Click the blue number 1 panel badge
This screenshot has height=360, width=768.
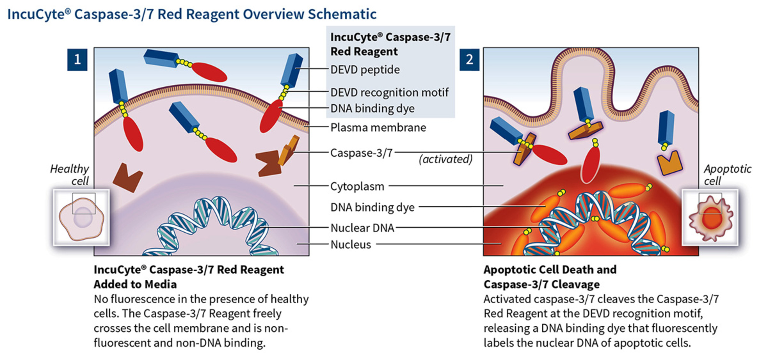pos(77,59)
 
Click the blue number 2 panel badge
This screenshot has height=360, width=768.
pos(469,59)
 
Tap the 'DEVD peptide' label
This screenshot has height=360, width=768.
pos(365,69)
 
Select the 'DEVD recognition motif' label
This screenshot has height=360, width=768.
pos(389,92)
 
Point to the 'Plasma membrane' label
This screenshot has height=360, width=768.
pos(378,127)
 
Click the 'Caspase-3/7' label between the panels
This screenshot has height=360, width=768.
pos(361,153)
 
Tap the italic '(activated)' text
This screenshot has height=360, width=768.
pos(445,159)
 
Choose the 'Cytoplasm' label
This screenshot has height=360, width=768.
pos(357,186)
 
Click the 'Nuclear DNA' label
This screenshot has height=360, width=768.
pos(362,228)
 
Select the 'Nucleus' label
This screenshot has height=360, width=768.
pos(351,244)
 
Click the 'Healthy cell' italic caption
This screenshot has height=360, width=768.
pos(70,175)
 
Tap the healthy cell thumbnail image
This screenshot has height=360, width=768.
pos(81,218)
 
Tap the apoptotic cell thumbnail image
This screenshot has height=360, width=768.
pos(710,218)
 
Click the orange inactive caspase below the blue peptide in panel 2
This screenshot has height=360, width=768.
pos(669,163)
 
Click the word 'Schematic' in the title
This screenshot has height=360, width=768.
pos(342,14)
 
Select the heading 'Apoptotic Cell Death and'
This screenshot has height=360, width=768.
pos(550,269)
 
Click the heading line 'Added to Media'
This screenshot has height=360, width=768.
pos(135,284)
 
